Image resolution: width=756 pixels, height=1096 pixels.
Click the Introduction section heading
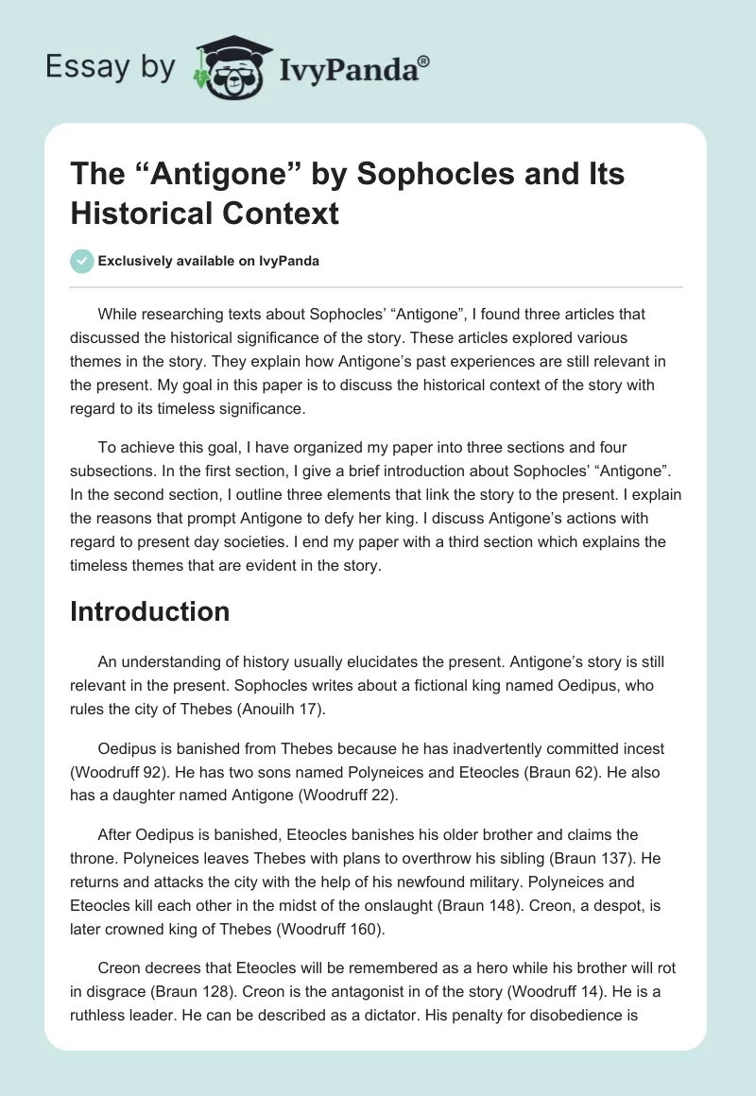149,611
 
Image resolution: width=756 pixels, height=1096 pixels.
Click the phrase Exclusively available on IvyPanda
209,261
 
